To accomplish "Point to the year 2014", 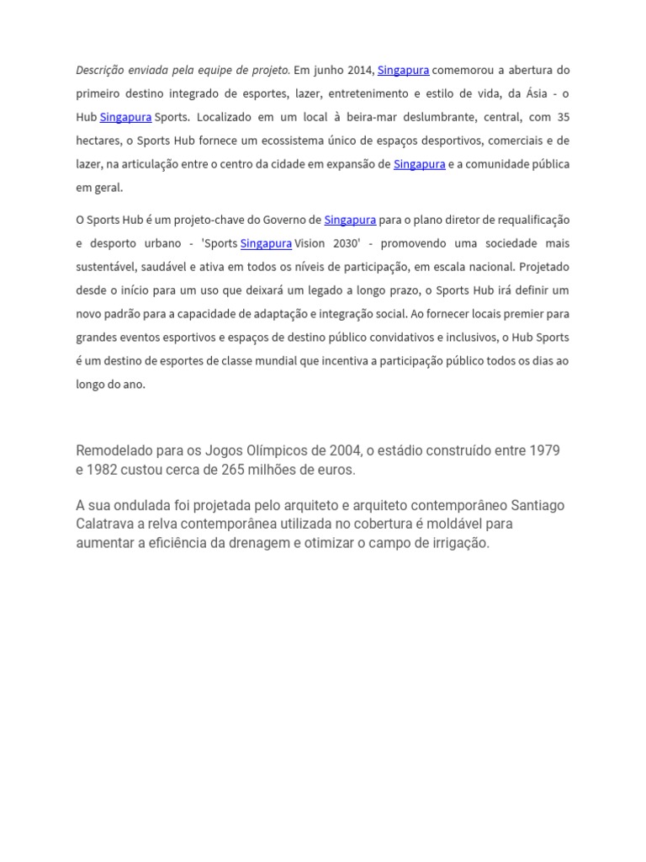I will (x=361, y=70).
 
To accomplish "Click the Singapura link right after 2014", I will (x=403, y=70).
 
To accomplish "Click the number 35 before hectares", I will (x=563, y=117).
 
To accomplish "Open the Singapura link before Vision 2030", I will (x=266, y=243).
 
